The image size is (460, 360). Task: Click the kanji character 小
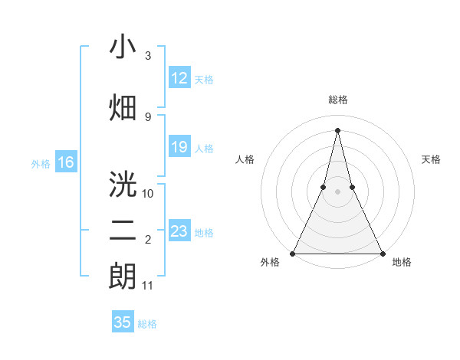123,47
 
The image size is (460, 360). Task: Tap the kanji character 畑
123,106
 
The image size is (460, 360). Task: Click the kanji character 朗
123,277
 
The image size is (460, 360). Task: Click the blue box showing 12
179,78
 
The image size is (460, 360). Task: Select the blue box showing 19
179,147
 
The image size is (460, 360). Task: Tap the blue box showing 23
179,231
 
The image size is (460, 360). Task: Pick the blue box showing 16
65,162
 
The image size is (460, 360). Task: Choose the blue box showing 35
122,322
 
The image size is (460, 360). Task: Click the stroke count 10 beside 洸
148,193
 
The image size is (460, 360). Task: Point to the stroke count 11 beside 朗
148,286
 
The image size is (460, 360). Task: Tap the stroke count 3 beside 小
148,56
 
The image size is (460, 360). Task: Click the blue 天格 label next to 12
204,79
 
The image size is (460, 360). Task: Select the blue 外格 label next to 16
41,163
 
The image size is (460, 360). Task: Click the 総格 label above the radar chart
337,100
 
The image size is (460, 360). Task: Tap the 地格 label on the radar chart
402,263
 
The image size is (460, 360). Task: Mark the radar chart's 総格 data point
337,129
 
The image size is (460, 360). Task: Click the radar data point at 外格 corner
293,253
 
